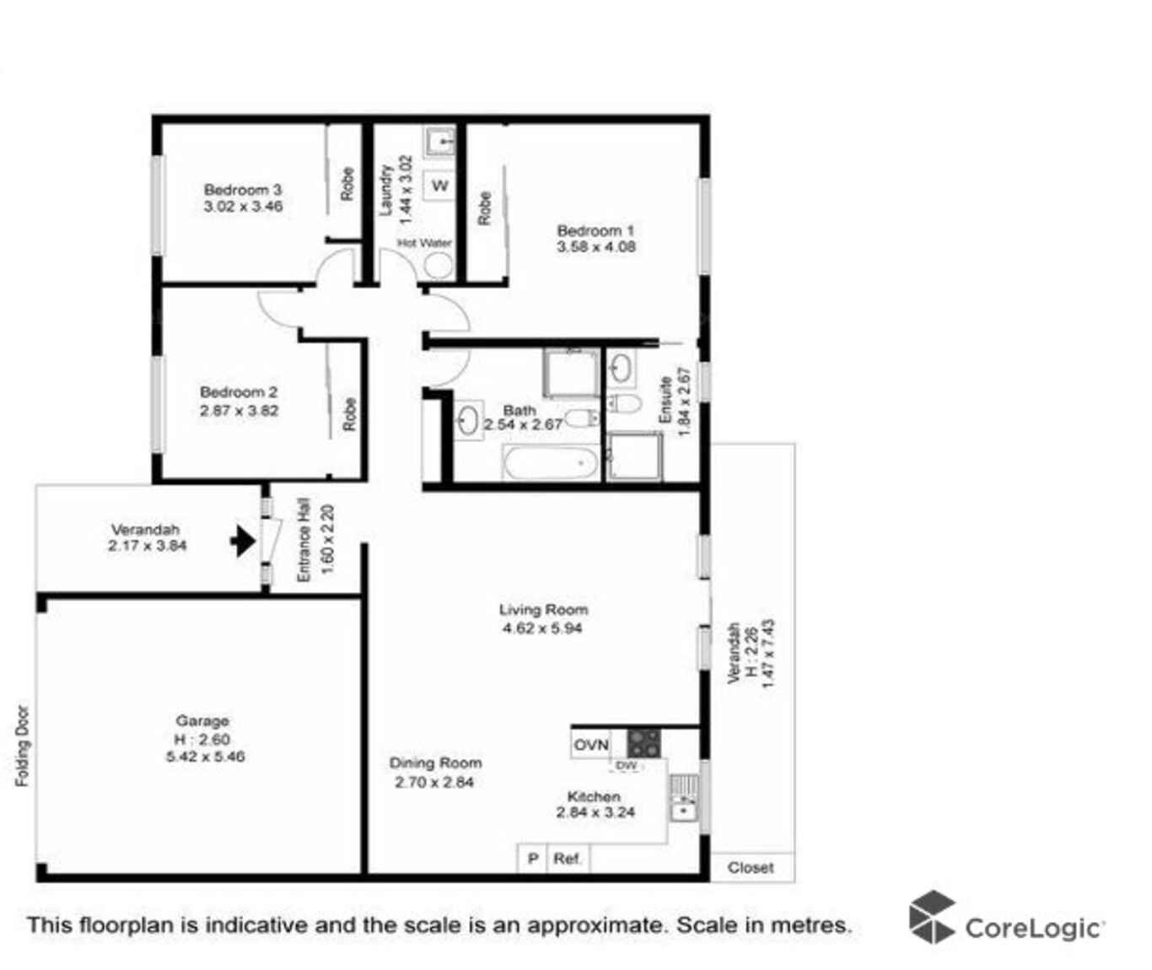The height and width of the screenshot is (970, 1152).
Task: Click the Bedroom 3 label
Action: click(243, 190)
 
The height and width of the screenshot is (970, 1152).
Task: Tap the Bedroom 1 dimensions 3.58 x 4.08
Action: click(595, 247)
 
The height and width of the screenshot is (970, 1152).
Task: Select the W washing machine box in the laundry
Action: click(439, 186)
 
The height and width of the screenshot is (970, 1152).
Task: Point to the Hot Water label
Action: click(424, 243)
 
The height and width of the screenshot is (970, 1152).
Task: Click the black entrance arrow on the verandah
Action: click(243, 541)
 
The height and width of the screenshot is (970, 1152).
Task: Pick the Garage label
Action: click(202, 720)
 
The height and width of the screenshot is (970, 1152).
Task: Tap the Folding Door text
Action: click(23, 746)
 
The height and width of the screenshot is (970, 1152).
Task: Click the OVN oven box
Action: click(590, 745)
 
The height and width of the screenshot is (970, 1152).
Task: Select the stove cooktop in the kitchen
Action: click(643, 744)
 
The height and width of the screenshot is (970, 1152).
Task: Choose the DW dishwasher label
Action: click(627, 766)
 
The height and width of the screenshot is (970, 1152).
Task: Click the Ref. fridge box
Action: click(568, 859)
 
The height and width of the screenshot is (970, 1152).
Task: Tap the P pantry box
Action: click(532, 859)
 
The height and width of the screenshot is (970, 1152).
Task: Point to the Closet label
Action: click(751, 867)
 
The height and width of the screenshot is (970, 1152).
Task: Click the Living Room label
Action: click(543, 610)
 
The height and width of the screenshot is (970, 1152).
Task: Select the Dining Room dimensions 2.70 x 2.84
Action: click(434, 782)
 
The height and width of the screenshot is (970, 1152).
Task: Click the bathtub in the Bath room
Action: click(551, 462)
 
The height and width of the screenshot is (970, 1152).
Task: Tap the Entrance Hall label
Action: click(304, 540)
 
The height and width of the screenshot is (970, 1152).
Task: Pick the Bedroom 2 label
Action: click(239, 392)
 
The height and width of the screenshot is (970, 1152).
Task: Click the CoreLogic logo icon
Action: click(932, 917)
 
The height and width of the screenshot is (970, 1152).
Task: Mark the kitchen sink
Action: click(683, 800)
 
